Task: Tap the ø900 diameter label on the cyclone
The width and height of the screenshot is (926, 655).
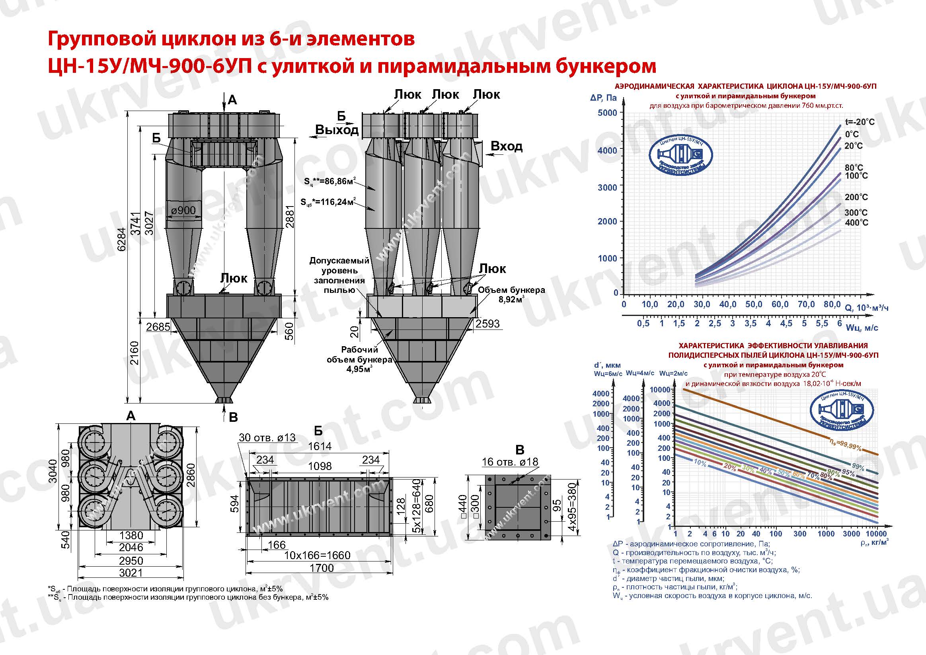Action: [183, 210]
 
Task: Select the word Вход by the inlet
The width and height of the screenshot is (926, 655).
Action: [506, 146]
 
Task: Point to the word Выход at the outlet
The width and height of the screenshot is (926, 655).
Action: [337, 130]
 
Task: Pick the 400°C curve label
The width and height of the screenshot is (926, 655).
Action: [856, 222]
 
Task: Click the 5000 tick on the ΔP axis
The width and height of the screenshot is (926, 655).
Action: [607, 113]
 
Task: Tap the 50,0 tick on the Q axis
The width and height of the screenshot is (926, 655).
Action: [753, 304]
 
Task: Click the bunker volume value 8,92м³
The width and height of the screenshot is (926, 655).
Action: [511, 300]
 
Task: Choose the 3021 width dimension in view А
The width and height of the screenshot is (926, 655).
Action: [131, 573]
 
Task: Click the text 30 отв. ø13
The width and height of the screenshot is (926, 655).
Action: [267, 438]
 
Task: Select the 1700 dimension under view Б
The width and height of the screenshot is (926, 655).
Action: [322, 568]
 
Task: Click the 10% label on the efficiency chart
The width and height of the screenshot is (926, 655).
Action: [700, 464]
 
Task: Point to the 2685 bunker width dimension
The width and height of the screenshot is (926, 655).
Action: [158, 326]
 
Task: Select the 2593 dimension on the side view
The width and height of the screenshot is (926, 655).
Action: [487, 324]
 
